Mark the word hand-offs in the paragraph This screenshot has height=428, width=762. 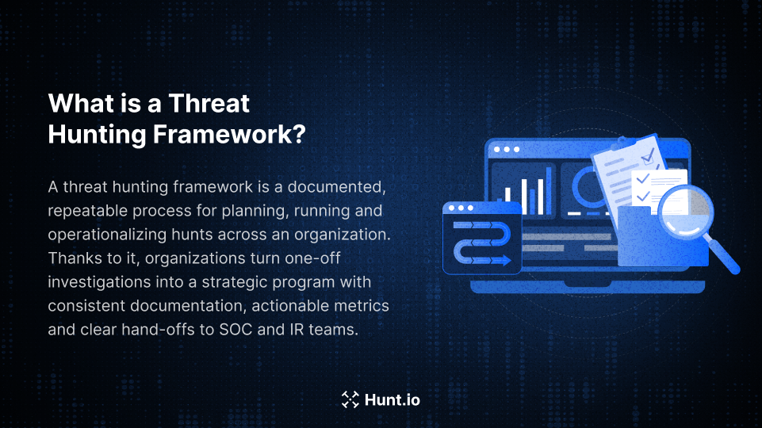pyautogui.click(x=173, y=329)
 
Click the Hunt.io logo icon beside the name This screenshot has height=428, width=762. pyautogui.click(x=350, y=399)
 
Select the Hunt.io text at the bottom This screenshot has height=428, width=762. pyautogui.click(x=392, y=399)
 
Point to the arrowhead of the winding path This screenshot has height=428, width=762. pyautogui.click(x=505, y=259)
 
